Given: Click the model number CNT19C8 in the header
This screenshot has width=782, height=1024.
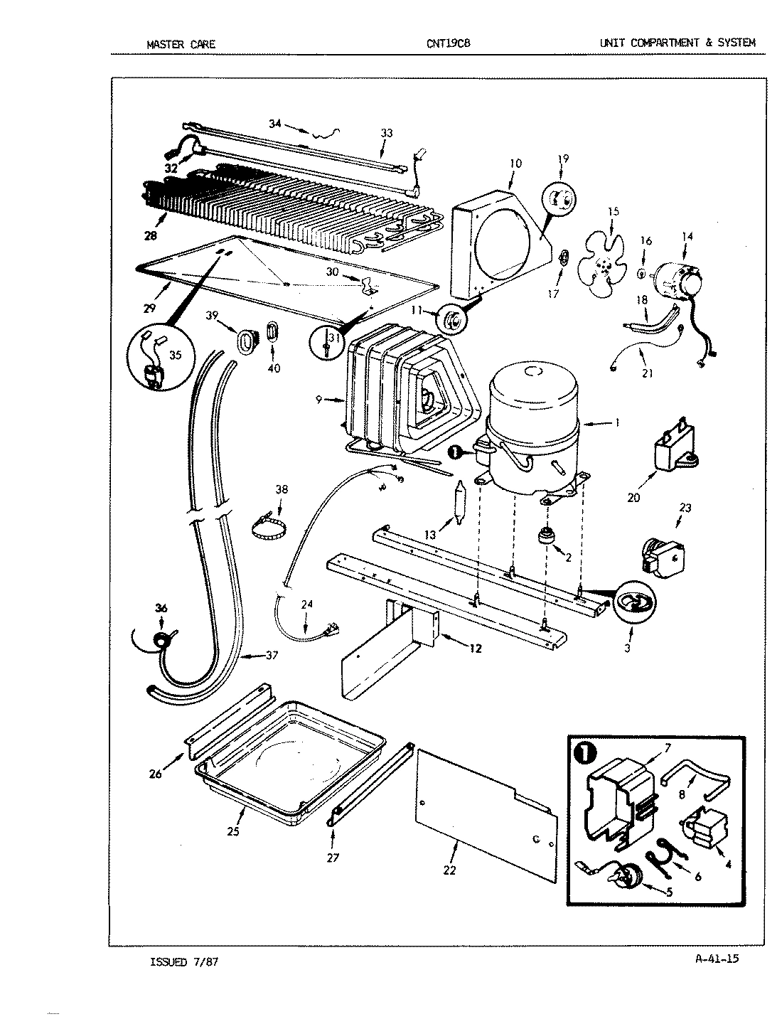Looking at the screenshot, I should click(448, 43).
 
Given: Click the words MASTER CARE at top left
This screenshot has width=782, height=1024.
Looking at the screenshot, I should click(181, 44).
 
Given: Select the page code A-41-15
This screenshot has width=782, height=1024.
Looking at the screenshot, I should click(717, 959).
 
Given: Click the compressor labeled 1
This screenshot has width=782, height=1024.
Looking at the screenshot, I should click(533, 427).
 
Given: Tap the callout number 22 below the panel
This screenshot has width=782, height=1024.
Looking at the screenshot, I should click(449, 870).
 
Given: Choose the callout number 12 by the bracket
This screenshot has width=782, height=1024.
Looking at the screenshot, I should click(475, 648).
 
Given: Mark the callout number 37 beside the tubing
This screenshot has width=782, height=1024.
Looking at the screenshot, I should click(271, 656).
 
